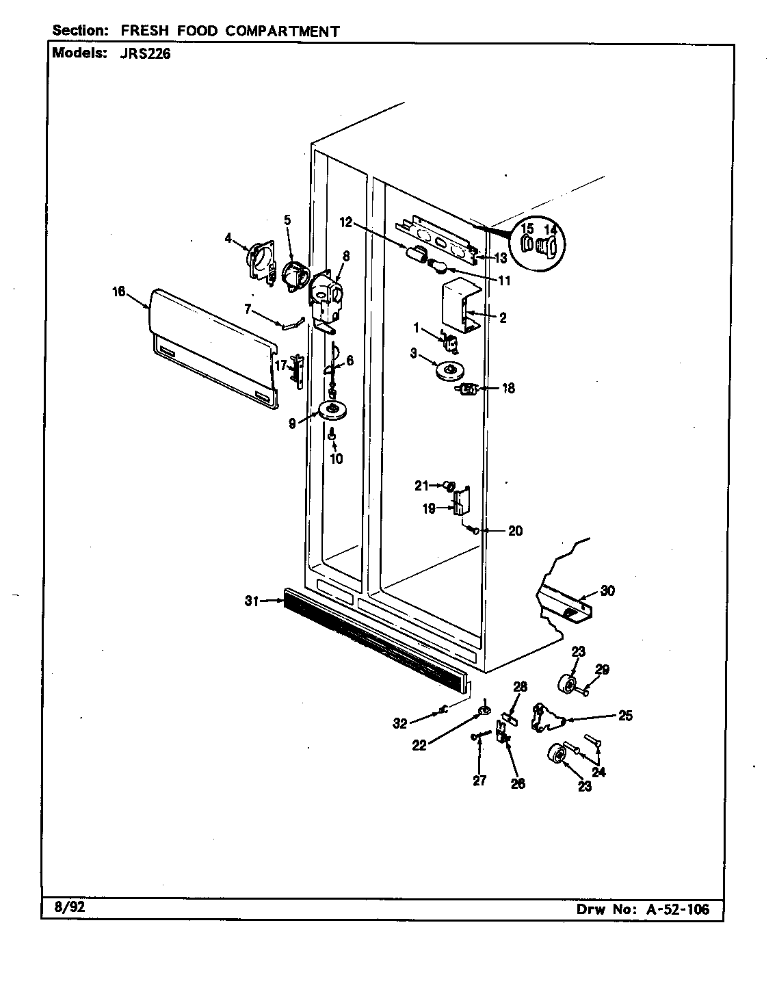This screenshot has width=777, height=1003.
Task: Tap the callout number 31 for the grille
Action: point(250,601)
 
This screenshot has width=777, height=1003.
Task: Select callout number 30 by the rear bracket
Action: point(607,591)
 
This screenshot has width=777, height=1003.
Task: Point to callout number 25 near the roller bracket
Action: point(625,716)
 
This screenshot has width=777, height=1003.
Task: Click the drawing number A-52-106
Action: point(675,909)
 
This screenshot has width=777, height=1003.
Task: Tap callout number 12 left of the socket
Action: point(345,222)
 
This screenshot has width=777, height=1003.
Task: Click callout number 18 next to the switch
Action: point(507,388)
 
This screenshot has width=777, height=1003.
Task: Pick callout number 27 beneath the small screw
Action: point(479,780)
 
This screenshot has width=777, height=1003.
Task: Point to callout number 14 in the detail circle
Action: point(551,230)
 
